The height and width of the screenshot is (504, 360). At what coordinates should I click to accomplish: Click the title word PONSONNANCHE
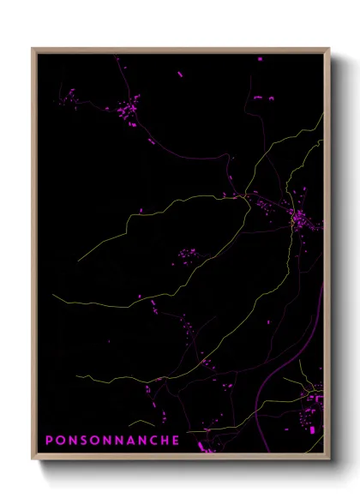click(x=112, y=441)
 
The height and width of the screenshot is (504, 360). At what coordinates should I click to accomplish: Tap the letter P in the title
click(x=49, y=441)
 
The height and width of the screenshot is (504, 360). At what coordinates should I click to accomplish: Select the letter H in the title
click(x=164, y=441)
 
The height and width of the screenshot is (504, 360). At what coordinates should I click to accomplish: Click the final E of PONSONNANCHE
click(x=176, y=441)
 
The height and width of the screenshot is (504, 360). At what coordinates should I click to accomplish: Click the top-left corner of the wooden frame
click(x=33, y=48)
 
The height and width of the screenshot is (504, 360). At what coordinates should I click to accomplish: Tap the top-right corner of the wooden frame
click(x=330, y=48)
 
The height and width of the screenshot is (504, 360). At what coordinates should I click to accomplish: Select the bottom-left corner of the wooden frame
click(x=33, y=460)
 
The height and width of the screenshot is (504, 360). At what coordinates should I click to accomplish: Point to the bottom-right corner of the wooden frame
click(x=330, y=460)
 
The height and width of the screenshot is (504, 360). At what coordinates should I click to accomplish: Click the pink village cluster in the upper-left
click(x=128, y=111)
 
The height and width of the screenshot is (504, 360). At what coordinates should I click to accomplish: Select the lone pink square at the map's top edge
click(x=260, y=58)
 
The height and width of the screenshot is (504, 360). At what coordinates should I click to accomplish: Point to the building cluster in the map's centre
click(x=186, y=254)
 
